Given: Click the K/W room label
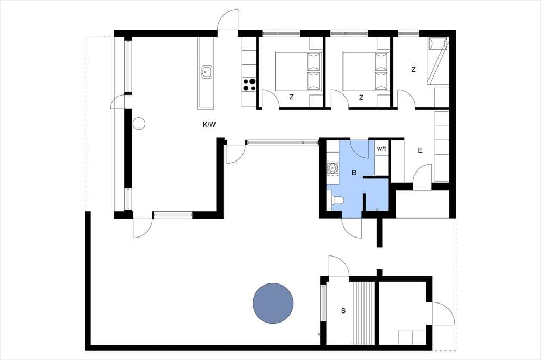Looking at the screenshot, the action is click(209, 125).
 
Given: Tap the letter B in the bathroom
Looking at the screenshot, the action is click(353, 173).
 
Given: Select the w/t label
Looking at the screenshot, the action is click(381, 149).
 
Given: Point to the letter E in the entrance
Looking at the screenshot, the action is click(420, 150).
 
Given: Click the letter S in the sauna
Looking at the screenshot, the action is click(343, 311).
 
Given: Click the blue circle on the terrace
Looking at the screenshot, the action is click(273, 303).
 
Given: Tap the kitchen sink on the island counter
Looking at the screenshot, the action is click(206, 72).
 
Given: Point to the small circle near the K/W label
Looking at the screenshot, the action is click(139, 124).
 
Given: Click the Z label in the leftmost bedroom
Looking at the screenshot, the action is click(291, 97).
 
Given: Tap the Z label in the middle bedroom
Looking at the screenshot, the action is click(361, 98).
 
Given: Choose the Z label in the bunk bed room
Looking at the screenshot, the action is click(413, 70).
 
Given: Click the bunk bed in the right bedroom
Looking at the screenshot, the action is click(438, 61).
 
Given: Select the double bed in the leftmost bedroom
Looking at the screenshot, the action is click(299, 72).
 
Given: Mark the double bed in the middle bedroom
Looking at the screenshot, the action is click(366, 72).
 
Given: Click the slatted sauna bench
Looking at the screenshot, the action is click(363, 313).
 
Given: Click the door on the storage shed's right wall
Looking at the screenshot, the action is click(443, 314).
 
